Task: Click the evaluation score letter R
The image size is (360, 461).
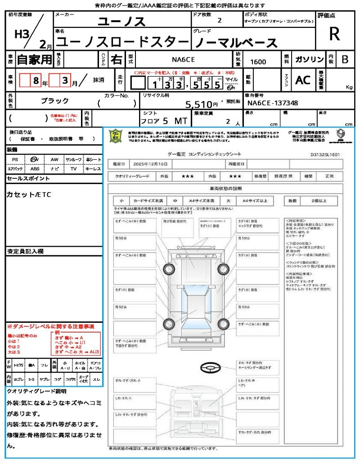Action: click(x=334, y=34)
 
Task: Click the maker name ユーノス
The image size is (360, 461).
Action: click(x=122, y=21)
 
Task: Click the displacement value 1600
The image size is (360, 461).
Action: click(x=258, y=62)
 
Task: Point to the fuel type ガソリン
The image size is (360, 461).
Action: click(x=309, y=59)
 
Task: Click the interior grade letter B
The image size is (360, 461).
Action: click(x=345, y=59)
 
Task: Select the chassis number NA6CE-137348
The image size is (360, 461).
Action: click(x=272, y=103)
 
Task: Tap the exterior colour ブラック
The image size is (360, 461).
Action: click(x=55, y=101)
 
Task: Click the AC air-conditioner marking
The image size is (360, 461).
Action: click(x=302, y=80)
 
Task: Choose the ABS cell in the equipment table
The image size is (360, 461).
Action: click(x=35, y=169)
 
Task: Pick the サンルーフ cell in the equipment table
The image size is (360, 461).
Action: click(x=74, y=160)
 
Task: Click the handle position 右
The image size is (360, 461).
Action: click(x=116, y=59)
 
